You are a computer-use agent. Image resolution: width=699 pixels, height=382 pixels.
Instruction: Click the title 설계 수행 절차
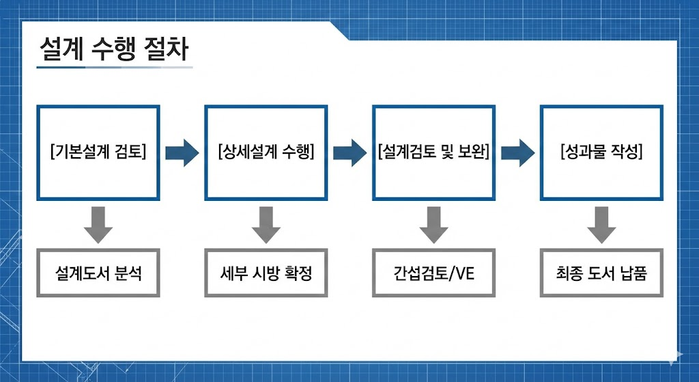(x=114, y=50)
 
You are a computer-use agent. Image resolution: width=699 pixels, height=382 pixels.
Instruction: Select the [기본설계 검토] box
(x=98, y=152)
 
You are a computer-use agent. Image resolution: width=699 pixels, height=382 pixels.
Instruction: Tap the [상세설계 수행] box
(x=266, y=152)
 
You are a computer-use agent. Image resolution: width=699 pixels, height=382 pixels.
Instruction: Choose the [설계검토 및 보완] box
(x=433, y=152)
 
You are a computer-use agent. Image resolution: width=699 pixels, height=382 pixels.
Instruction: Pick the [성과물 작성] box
(x=601, y=152)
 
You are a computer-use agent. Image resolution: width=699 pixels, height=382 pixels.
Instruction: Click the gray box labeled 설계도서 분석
(x=98, y=274)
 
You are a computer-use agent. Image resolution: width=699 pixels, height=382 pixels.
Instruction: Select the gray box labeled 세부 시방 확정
(x=266, y=274)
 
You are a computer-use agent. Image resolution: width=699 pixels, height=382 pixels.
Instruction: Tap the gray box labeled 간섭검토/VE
(x=433, y=274)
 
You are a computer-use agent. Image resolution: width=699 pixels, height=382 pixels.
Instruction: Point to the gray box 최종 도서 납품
(x=601, y=274)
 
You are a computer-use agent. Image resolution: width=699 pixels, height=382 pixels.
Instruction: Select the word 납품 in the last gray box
(x=632, y=274)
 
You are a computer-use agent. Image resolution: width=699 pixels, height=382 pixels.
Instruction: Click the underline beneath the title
(x=114, y=67)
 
